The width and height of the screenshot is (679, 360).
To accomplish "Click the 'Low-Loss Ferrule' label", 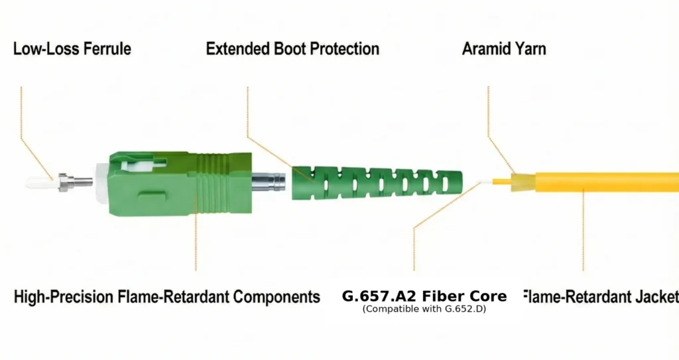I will pos(72,48).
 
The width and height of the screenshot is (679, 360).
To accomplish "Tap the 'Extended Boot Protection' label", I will pos(292,48).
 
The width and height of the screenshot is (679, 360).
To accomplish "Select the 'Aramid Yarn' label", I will pos(504,48).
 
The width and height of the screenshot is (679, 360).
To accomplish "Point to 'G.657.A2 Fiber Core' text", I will pos(424,296).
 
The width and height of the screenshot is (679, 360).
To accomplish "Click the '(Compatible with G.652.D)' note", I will pos(424,309).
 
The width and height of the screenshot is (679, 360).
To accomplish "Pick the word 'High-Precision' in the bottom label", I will pos(64,296).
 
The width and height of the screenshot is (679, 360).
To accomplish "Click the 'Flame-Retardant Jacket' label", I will pos(601,296).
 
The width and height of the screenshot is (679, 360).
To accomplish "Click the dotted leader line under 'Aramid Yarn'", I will pos(489,113).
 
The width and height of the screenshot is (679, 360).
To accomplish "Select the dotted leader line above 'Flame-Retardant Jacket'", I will pos(584,232).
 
